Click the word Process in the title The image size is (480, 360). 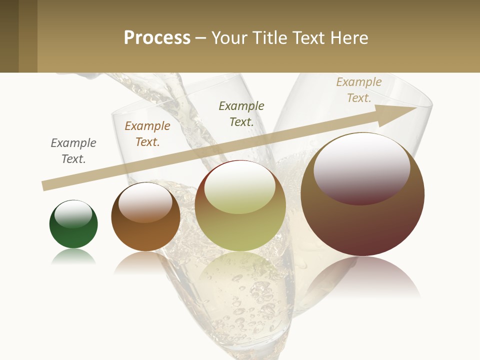tap(157, 38)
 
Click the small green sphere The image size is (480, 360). tap(73, 232)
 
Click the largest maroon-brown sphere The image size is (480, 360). tap(362, 220)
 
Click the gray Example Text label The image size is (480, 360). tap(73, 151)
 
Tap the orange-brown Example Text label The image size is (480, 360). tap(147, 134)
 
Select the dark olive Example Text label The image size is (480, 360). tap(241, 113)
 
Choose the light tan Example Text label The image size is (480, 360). tap(359, 90)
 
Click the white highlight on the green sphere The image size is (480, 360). tap(73, 213)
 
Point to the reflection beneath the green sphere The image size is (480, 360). tap(73, 257)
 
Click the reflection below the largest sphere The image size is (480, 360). tap(362, 277)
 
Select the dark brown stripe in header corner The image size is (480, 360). tap(9, 36)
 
